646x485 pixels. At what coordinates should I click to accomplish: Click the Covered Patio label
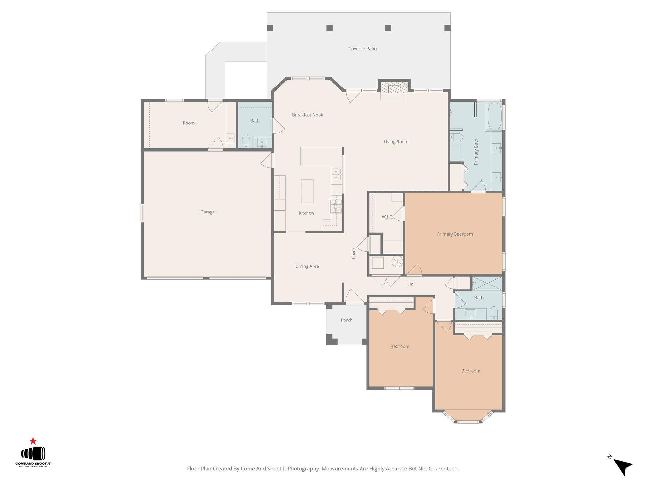point(362,49)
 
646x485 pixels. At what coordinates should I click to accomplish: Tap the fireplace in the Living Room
point(394,88)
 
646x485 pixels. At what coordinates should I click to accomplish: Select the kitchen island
point(307,192)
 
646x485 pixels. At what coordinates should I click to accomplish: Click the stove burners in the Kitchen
point(336,206)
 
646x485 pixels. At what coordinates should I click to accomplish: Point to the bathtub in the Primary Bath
point(494,116)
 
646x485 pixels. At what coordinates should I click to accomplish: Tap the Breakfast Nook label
point(307,115)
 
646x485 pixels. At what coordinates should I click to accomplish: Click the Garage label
point(207,212)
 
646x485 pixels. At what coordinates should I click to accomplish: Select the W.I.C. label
point(387,217)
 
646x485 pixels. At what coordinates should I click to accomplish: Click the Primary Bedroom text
point(455,234)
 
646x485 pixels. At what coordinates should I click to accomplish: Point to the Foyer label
point(354,253)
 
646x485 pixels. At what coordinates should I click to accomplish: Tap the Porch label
point(346,320)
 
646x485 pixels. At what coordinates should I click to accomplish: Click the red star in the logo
point(33,441)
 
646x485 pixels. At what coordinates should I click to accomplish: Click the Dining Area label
point(307,266)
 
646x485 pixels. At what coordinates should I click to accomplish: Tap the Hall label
point(411,284)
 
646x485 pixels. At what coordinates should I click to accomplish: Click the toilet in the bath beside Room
point(246,141)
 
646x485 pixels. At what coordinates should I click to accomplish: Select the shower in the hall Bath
point(487,283)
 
